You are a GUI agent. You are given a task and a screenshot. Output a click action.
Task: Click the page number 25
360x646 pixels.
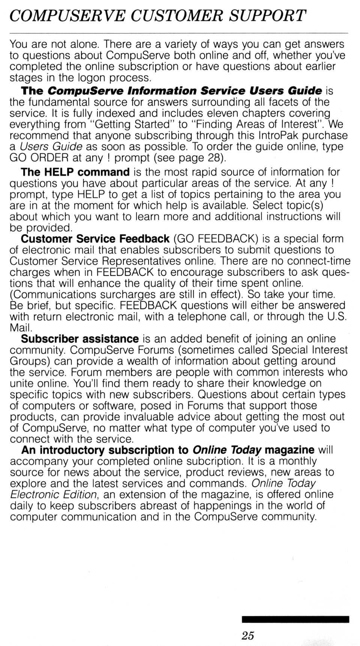click(x=248, y=635)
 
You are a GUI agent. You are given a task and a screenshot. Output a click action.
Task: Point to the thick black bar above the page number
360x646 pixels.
click(x=295, y=619)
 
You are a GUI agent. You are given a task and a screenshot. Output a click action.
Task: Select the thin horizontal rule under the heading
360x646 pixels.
click(x=178, y=33)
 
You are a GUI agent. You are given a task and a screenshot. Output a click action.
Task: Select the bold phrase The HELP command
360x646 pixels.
click(x=75, y=172)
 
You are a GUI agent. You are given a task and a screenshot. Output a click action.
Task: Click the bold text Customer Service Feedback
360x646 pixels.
click(x=95, y=239)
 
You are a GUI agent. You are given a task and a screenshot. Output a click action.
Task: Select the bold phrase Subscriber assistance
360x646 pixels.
click(x=80, y=339)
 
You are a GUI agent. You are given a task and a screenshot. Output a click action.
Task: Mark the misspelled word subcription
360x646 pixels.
click(x=213, y=461)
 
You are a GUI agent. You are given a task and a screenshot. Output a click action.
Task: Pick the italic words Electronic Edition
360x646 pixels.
click(x=54, y=495)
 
